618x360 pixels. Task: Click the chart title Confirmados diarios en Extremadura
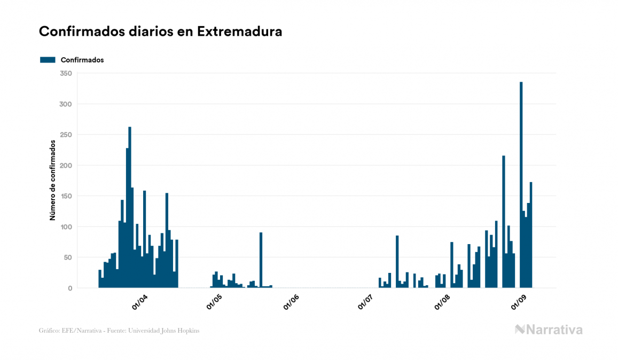pyautogui.click(x=160, y=32)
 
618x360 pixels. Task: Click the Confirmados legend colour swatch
pyautogui.click(x=48, y=60)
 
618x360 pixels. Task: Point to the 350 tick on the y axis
pyautogui.click(x=66, y=73)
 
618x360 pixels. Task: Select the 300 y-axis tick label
pyautogui.click(x=66, y=104)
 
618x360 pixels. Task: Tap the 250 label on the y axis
pyautogui.click(x=66, y=135)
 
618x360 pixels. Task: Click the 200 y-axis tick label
pyautogui.click(x=66, y=165)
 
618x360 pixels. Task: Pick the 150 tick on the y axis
pyautogui.click(x=66, y=196)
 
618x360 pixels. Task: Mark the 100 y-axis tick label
pyautogui.click(x=66, y=226)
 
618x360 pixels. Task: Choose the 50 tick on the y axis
pyautogui.click(x=67, y=257)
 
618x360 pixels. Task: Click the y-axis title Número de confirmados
pyautogui.click(x=52, y=181)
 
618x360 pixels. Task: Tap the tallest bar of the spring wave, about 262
pyautogui.click(x=130, y=208)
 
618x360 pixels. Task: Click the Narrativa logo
pyautogui.click(x=549, y=330)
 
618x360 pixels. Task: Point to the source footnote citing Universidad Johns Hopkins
pyautogui.click(x=119, y=331)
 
